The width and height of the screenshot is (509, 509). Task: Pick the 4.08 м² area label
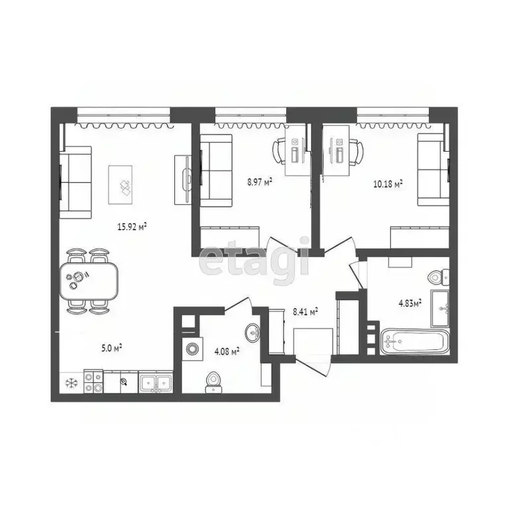tap(227, 351)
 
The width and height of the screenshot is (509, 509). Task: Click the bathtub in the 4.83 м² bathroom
tap(415, 341)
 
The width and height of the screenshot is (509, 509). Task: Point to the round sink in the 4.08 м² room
tap(253, 331)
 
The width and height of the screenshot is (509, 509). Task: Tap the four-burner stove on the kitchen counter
tap(93, 382)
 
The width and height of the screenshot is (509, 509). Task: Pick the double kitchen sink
tap(156, 382)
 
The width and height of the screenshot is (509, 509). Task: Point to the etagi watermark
tap(254, 259)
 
